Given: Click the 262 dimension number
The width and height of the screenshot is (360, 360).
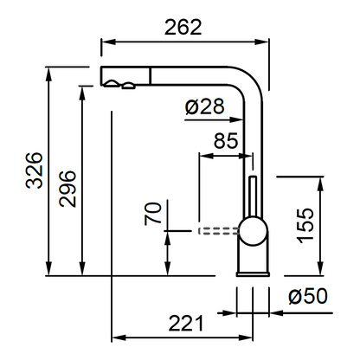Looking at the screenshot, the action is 183,28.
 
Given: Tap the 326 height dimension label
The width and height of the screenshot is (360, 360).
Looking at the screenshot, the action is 35,170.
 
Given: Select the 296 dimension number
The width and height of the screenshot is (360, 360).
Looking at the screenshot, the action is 67,189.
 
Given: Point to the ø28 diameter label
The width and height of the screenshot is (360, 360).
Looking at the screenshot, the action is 204,106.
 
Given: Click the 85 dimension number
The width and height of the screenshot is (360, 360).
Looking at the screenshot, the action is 226,141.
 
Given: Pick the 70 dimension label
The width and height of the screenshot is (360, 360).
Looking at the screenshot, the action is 153,214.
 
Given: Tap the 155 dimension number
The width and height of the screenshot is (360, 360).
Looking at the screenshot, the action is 305,226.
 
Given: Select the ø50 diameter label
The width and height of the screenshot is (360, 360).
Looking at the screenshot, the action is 308,296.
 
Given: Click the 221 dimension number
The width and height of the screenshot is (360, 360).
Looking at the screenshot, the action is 186,323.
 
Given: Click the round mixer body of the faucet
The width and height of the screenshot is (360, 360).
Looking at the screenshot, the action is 253,231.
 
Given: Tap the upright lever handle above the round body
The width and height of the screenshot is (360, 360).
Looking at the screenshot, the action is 253,196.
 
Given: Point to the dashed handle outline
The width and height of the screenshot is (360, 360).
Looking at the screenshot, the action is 218,231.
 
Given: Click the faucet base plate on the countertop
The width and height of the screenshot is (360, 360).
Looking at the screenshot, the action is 253,274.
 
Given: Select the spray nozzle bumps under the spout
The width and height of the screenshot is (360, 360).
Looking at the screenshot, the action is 119,84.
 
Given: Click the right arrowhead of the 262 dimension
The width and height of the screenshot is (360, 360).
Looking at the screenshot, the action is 262,42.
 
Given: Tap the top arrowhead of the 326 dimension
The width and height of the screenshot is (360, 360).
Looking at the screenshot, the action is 49,74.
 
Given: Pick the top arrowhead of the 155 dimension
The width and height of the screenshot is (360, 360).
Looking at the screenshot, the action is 320,183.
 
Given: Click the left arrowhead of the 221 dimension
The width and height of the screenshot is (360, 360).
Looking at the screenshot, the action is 119,337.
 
